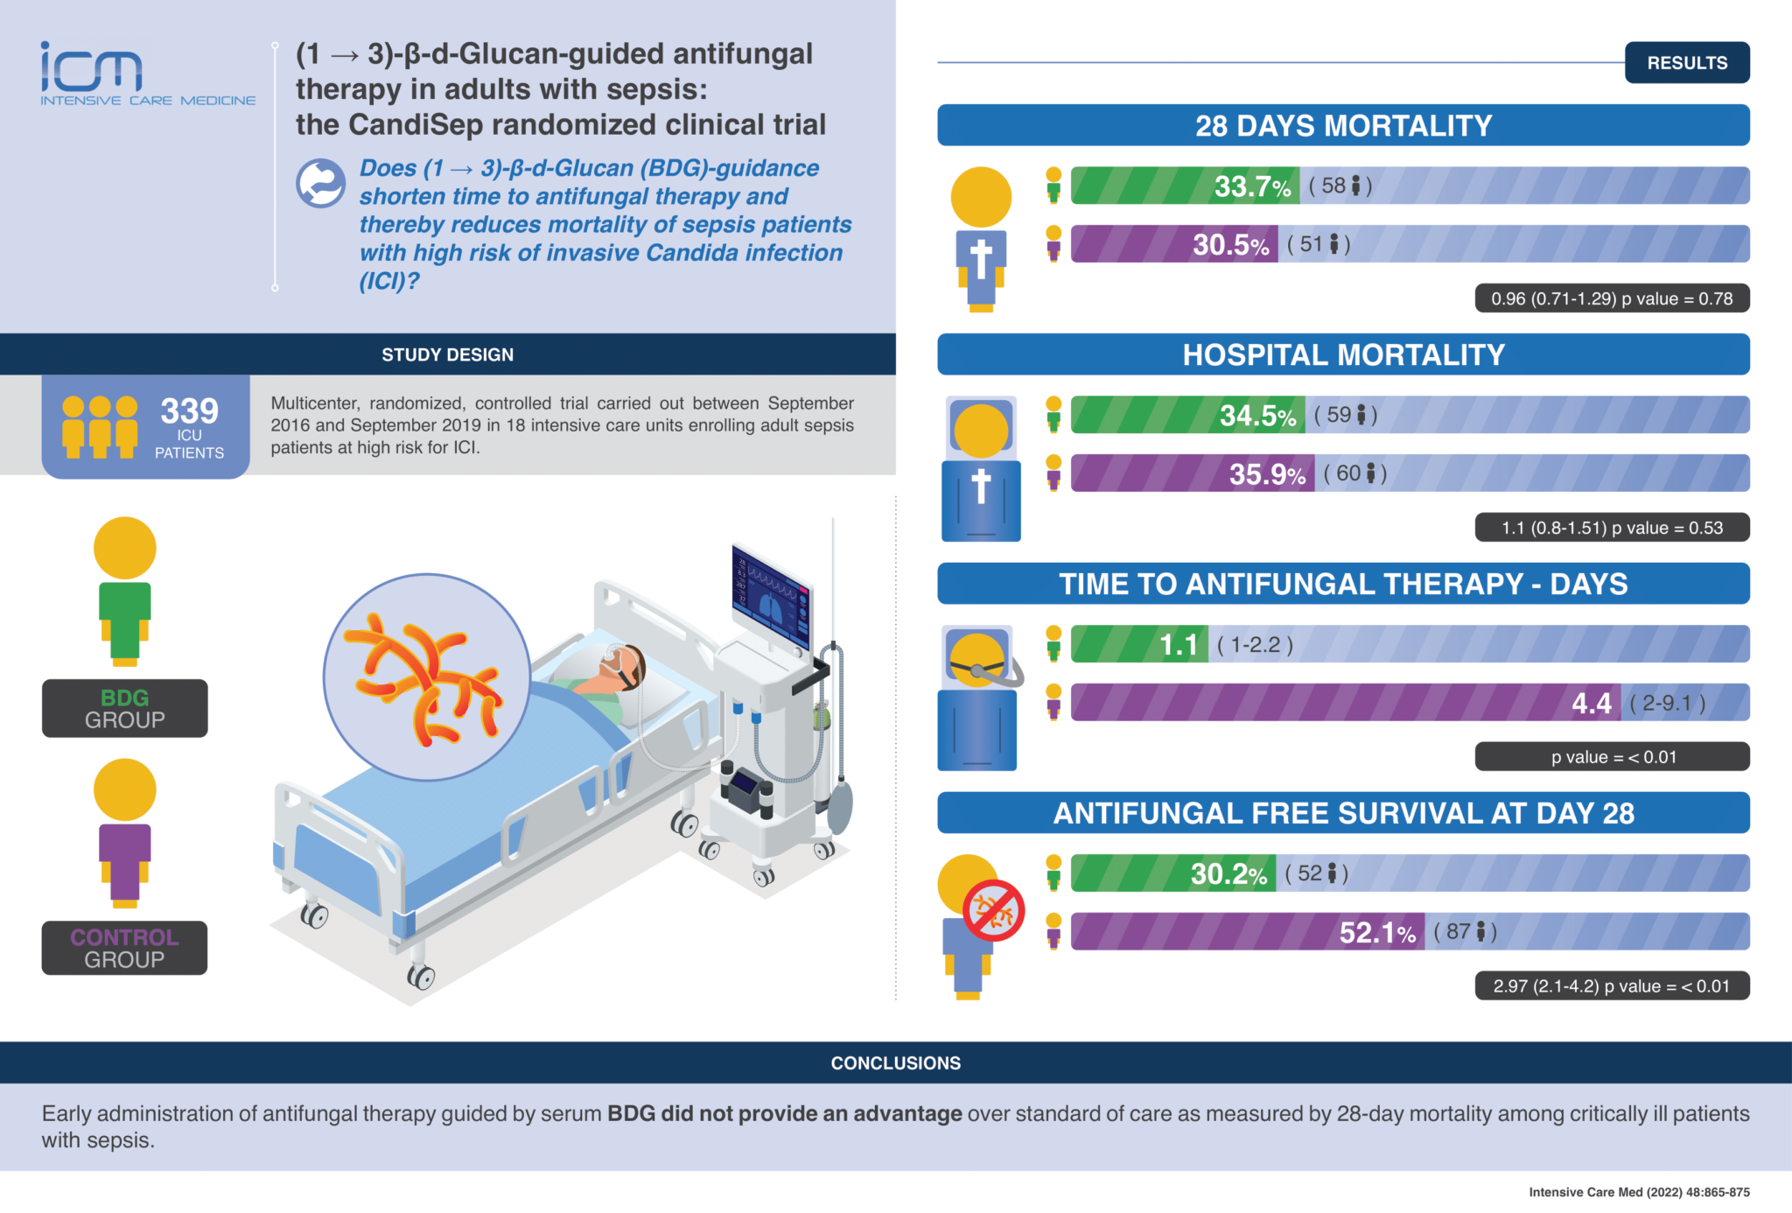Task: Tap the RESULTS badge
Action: pyautogui.click(x=1686, y=63)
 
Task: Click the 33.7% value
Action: pyautogui.click(x=1252, y=186)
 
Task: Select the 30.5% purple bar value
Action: pyautogui.click(x=1230, y=245)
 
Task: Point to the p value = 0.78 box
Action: pyautogui.click(x=1612, y=298)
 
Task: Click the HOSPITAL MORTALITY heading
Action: pyautogui.click(x=1343, y=354)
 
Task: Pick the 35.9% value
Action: pyautogui.click(x=1267, y=474)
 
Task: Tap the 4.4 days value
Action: pyautogui.click(x=1591, y=704)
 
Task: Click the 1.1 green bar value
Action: pyautogui.click(x=1179, y=645)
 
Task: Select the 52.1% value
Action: pyautogui.click(x=1377, y=933)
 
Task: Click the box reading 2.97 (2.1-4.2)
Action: pyautogui.click(x=1612, y=986)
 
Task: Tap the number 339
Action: pyautogui.click(x=189, y=410)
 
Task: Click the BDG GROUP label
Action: pyautogui.click(x=124, y=709)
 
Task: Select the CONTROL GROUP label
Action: pyautogui.click(x=124, y=948)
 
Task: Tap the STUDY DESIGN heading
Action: pyautogui.click(x=447, y=354)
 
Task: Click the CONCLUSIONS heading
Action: pyautogui.click(x=895, y=1062)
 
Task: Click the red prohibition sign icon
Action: pyautogui.click(x=994, y=911)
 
